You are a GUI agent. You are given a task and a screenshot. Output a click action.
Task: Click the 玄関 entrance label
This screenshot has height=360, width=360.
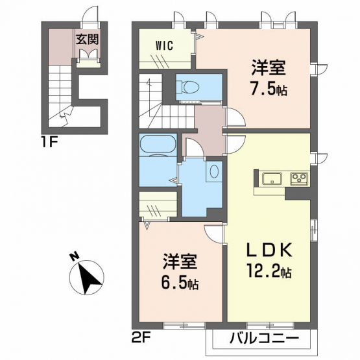[x=88, y=39]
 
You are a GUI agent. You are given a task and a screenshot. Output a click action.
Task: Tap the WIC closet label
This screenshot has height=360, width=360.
[x=164, y=45]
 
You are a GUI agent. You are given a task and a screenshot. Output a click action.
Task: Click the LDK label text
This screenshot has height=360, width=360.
[x=269, y=249]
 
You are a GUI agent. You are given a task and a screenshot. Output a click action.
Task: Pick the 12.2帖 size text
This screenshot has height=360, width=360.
[x=269, y=271]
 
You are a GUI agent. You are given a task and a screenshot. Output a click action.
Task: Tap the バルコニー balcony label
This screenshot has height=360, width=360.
[x=265, y=338]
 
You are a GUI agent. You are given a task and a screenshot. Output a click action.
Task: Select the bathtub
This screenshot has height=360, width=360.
[x=158, y=144]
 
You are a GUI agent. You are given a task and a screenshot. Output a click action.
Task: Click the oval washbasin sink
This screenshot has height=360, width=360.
[x=214, y=171]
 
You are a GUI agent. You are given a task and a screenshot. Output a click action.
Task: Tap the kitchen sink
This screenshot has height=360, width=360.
[x=272, y=178]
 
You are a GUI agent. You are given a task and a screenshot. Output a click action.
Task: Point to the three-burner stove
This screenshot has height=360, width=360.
[x=300, y=178]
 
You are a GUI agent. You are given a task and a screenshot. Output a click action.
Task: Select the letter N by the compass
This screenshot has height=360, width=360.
[x=74, y=257]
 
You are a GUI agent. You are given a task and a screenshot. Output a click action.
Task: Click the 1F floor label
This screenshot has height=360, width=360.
[x=49, y=143]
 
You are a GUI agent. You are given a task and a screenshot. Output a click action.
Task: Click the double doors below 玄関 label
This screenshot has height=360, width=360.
[x=88, y=54]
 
